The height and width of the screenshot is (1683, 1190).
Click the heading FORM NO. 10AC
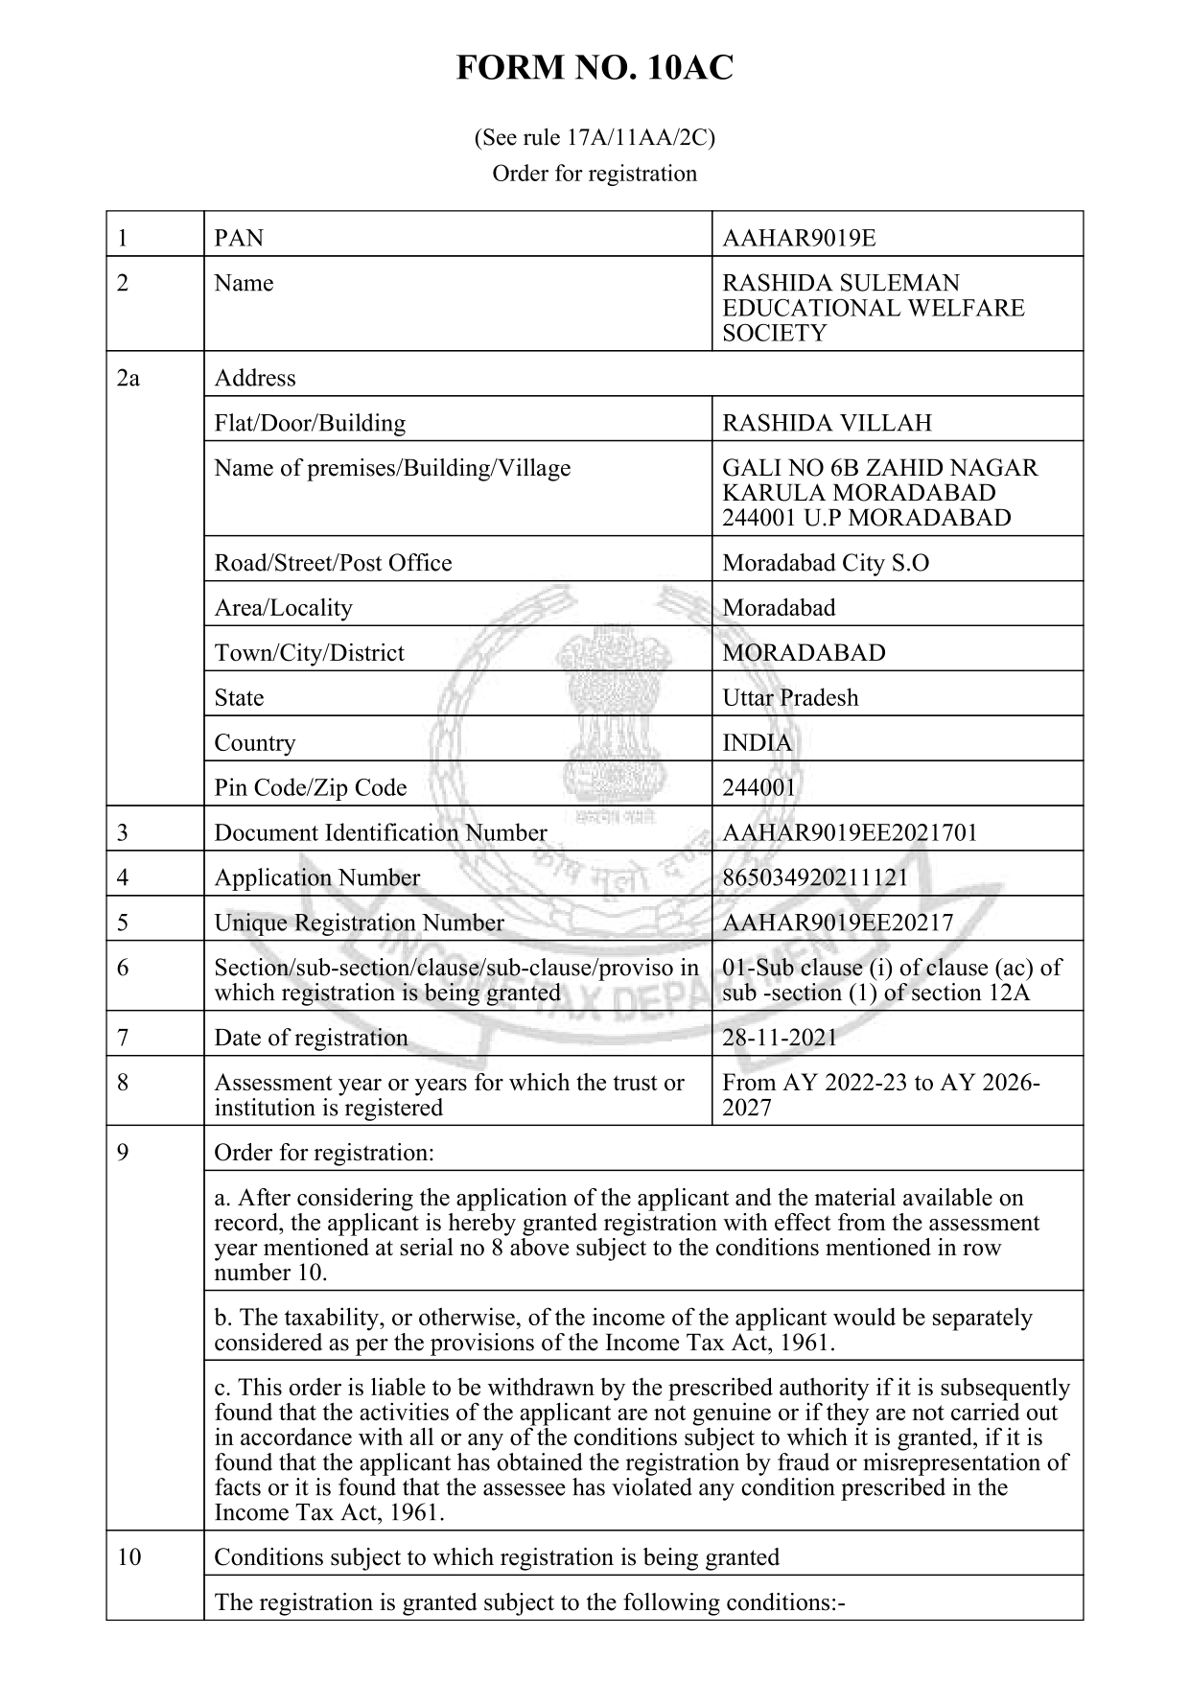(x=594, y=69)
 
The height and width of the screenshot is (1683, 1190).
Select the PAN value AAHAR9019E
(x=798, y=238)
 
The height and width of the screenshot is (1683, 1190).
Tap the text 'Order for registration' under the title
(x=594, y=174)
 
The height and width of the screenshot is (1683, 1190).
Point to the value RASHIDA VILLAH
(x=827, y=423)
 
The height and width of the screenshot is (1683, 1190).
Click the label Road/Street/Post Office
(x=333, y=563)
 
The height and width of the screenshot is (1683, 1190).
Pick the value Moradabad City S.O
(x=825, y=563)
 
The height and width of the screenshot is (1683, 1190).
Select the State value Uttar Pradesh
(x=790, y=697)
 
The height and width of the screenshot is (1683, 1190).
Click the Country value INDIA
(x=757, y=742)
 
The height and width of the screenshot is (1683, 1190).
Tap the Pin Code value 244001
(x=758, y=787)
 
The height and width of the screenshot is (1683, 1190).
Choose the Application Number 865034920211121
(x=814, y=877)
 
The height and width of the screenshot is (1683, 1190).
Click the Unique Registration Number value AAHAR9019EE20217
(x=837, y=923)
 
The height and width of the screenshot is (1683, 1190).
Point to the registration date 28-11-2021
(x=779, y=1038)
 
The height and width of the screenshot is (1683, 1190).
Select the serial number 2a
(x=128, y=378)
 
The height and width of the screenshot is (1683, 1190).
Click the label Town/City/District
(x=309, y=653)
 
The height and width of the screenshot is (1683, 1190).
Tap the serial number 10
(x=128, y=1556)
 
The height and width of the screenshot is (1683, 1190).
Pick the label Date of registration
(x=311, y=1038)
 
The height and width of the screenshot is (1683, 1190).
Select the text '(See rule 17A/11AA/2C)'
(x=594, y=138)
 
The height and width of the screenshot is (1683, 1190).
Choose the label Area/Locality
(x=283, y=608)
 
